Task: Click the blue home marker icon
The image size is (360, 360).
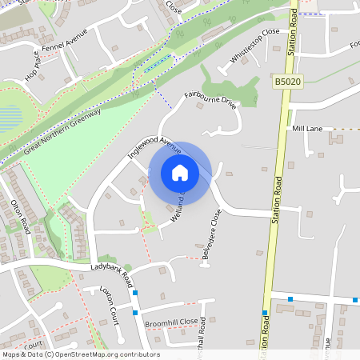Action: pyautogui.click(x=180, y=173)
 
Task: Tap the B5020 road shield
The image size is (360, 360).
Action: pyautogui.click(x=287, y=82)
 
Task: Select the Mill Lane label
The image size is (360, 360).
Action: pyautogui.click(x=307, y=128)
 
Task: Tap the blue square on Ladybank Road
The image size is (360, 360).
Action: pyautogui.click(x=135, y=292)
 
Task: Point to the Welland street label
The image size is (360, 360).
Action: pyautogui.click(x=178, y=210)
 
